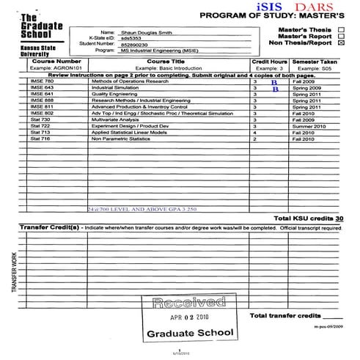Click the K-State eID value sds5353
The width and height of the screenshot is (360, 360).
(x=131, y=40)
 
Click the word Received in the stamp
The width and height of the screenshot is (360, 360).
(x=189, y=301)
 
